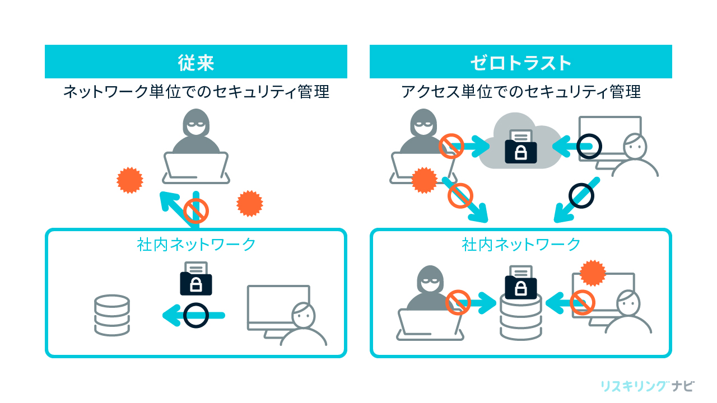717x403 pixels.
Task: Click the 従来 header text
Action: (196, 62)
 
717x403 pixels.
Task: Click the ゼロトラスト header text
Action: (520, 62)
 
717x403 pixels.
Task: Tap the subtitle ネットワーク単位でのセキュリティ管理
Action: (196, 92)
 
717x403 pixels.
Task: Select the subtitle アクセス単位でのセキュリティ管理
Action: (520, 92)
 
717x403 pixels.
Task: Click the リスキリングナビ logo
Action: (647, 386)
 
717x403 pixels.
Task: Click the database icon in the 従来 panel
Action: (112, 315)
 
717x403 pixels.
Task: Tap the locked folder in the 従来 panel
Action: (196, 280)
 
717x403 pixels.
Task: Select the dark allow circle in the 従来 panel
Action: (196, 315)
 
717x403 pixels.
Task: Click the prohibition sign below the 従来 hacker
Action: (196, 210)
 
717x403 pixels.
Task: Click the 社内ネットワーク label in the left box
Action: (196, 244)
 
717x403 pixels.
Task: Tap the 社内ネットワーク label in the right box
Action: (520, 244)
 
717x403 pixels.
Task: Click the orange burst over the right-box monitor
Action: (593, 273)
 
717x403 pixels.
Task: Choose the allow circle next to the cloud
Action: (588, 147)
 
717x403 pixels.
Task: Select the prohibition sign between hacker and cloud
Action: (451, 147)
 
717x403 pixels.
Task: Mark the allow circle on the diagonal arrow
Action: (581, 196)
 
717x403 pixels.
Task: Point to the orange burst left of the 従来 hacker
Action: (130, 180)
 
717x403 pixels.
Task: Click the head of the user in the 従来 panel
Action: (303, 316)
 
